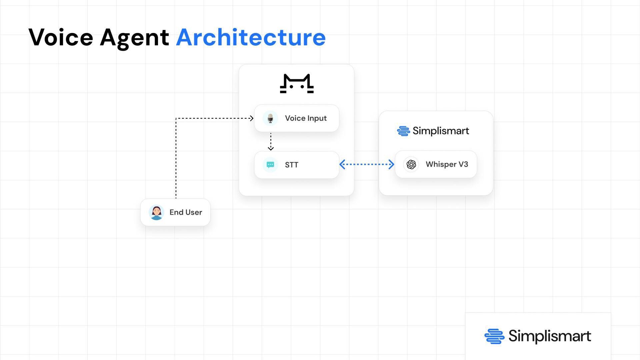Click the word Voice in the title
[x=61, y=37]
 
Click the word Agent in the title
[x=134, y=38]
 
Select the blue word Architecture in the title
[x=251, y=37]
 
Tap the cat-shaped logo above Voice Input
[x=297, y=83]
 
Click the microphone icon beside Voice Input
[x=270, y=118]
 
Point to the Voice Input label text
[x=306, y=118]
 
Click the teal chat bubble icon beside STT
[x=270, y=165]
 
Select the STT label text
[x=292, y=165]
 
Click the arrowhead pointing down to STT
[x=271, y=148]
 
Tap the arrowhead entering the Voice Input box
[x=251, y=118]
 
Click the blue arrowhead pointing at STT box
[x=342, y=164]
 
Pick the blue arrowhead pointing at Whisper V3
[x=391, y=164]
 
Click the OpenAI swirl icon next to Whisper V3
[x=411, y=164]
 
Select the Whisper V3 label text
[x=447, y=164]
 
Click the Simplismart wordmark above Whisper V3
[x=441, y=131]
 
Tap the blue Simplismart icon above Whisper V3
[x=403, y=131]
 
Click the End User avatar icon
[x=156, y=212]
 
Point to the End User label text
[x=186, y=212]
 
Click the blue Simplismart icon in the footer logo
[x=494, y=336]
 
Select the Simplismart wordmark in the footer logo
[x=550, y=336]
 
